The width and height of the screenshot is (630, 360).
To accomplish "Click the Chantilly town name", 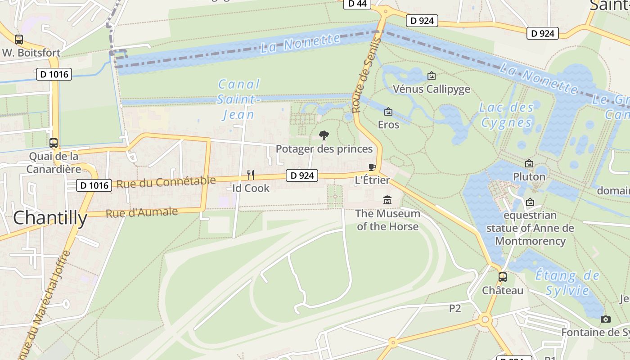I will (x=50, y=218).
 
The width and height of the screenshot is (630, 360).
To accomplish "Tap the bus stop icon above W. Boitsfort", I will (x=18, y=39).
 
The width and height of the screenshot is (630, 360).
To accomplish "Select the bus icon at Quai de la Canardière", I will (x=54, y=143).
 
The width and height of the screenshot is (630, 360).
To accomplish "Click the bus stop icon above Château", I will (x=503, y=277).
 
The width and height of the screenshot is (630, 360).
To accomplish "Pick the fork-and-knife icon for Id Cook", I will (x=251, y=175).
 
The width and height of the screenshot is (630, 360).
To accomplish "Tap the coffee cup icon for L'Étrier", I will (x=372, y=167).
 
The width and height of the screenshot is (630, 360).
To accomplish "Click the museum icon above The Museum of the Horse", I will (x=387, y=200).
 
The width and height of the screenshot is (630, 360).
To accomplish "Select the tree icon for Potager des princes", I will (x=324, y=135).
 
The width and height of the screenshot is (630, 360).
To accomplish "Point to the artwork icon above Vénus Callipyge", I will (x=432, y=76).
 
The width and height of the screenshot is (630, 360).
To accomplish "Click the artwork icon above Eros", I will (x=388, y=111).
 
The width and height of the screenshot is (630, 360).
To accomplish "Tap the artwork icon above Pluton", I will (x=529, y=163).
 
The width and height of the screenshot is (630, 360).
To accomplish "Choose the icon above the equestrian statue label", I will (x=530, y=202).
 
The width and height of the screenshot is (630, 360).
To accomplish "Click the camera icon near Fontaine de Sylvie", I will (x=606, y=319).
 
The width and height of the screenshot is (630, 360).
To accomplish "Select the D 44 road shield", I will (x=357, y=4).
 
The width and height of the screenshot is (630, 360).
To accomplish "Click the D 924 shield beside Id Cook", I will (x=301, y=175).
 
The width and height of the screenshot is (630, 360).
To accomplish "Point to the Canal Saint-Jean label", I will (x=238, y=99).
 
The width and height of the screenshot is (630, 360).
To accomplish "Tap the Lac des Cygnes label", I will (x=506, y=115).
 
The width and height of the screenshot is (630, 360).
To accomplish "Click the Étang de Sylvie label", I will (x=567, y=283).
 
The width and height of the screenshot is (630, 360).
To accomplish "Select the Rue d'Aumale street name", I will (x=141, y=212).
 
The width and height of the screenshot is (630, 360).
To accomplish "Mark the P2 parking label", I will (x=455, y=308).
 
